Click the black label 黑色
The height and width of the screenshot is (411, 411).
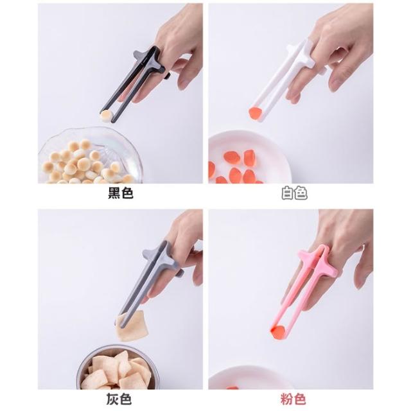[x=121, y=193]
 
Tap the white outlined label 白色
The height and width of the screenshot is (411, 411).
[x=294, y=193]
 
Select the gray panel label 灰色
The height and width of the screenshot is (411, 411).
[x=119, y=399]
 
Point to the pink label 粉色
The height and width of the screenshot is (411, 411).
[x=293, y=399]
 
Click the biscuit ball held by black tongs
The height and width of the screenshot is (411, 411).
[x=107, y=116]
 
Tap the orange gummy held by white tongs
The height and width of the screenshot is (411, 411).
[x=255, y=114]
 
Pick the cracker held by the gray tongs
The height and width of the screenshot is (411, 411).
[x=132, y=326]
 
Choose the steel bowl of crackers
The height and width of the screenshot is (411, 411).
[x=118, y=367]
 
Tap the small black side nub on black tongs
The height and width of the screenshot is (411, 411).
[x=167, y=76]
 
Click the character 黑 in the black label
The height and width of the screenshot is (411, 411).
[x=114, y=193]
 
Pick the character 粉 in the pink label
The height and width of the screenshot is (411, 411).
[x=286, y=399]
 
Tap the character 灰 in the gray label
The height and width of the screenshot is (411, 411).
[x=112, y=399]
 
